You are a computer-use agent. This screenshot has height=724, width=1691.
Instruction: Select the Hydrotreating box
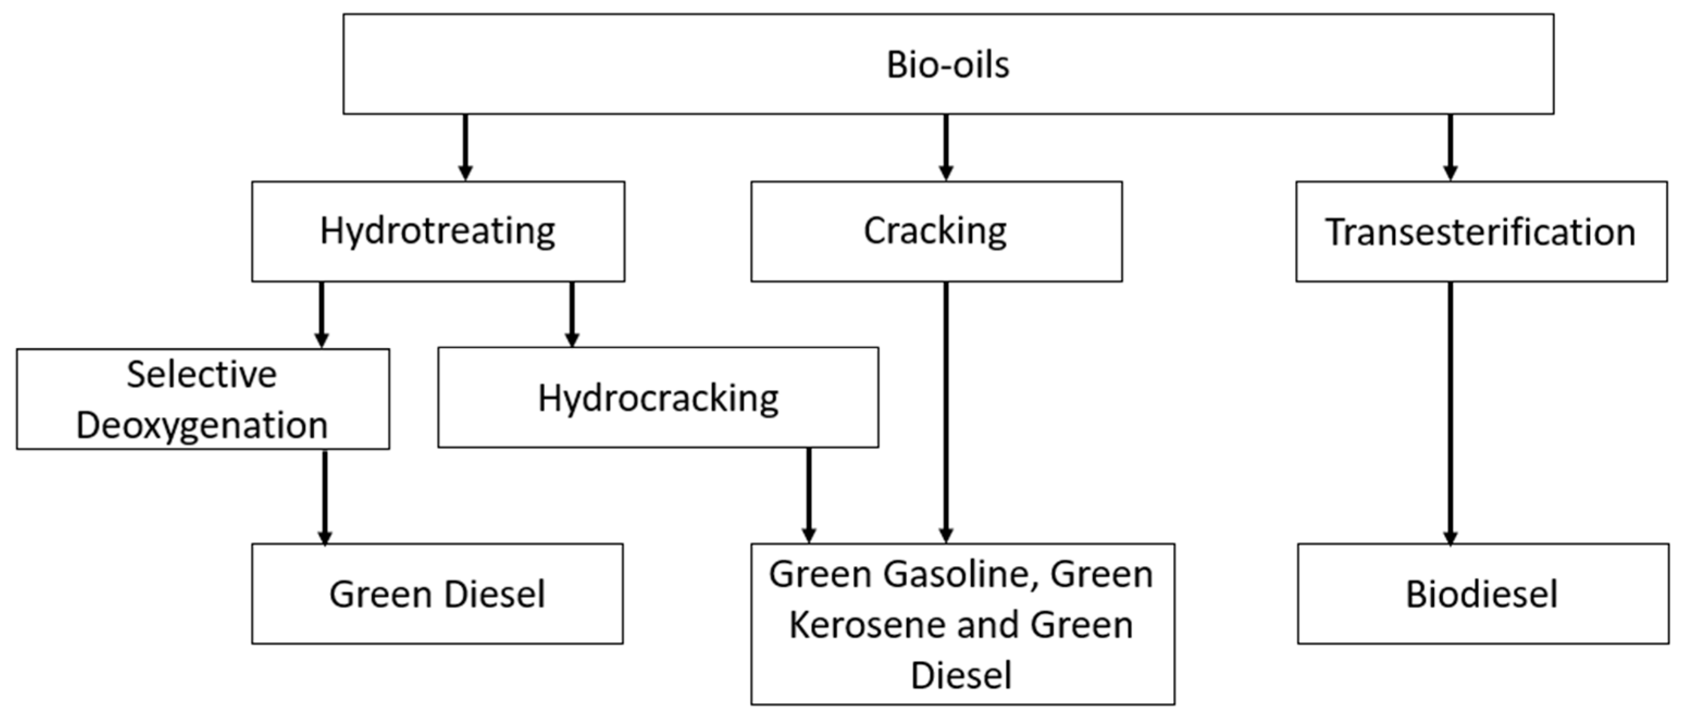438,232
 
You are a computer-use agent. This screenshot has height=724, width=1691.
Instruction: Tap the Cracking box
935,232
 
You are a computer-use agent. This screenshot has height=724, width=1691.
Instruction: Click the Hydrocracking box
658,398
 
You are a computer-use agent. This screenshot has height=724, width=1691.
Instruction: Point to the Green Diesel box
437,594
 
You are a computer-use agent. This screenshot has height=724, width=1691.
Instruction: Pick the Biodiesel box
1482,594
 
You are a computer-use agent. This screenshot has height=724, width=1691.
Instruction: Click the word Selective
202,375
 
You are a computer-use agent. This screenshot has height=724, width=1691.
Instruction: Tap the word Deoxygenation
202,426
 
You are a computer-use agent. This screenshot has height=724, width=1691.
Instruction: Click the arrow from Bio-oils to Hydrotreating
465,147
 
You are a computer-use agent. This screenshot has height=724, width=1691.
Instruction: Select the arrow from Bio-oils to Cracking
946,147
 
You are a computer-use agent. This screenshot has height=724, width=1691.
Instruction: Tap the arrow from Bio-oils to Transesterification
1451,147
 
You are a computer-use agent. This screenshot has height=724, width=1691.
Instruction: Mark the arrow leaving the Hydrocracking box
809,495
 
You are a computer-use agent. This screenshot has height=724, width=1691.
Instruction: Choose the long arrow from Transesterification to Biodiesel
1451,414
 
